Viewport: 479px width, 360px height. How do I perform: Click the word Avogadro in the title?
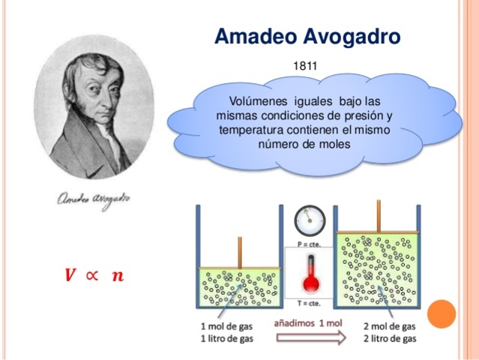coord(354,36)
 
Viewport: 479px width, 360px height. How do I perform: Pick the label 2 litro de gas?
coord(390,338)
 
